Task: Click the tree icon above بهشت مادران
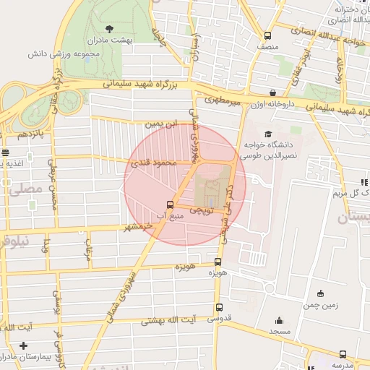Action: pyautogui.click(x=108, y=29)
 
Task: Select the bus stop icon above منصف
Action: pyautogui.click(x=268, y=35)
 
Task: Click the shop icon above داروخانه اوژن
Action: pyautogui.click(x=272, y=93)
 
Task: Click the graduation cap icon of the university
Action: pyautogui.click(x=268, y=134)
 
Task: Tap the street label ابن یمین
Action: pyautogui.click(x=160, y=124)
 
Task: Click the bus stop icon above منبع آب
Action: pyautogui.click(x=170, y=205)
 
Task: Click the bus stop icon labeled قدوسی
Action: pyautogui.click(x=219, y=307)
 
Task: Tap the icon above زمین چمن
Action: pyautogui.click(x=321, y=293)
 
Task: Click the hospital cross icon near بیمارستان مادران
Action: pyautogui.click(x=24, y=346)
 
